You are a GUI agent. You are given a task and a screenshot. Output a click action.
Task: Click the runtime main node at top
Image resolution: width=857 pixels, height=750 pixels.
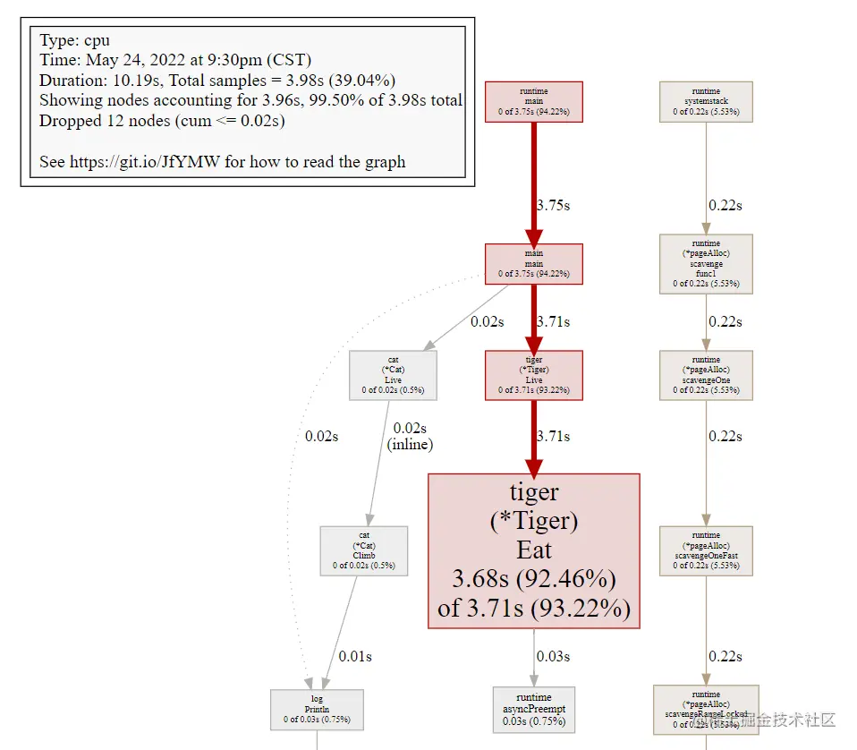click(x=533, y=102)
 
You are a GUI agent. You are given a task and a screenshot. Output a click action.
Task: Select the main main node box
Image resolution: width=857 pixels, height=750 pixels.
click(x=533, y=264)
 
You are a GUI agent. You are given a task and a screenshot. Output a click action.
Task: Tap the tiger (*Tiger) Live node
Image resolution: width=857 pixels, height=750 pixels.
click(x=533, y=374)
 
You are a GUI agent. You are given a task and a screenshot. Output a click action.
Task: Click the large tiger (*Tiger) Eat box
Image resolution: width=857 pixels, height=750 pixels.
click(x=533, y=551)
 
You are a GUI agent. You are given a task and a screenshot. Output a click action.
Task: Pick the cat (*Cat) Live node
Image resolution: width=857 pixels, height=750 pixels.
click(x=393, y=374)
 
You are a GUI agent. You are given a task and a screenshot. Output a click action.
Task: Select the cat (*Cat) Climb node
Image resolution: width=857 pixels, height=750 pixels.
click(x=364, y=550)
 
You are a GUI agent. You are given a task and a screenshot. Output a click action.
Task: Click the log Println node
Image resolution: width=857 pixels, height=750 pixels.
click(x=317, y=709)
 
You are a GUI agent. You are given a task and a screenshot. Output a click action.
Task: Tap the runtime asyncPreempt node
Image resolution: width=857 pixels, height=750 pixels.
click(x=533, y=709)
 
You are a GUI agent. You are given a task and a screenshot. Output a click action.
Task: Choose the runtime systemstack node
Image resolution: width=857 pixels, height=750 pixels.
click(x=706, y=102)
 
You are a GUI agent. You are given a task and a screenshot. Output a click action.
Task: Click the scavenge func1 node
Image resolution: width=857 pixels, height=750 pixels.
click(x=706, y=264)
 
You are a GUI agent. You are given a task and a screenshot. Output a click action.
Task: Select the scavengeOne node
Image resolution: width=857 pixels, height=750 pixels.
click(x=706, y=374)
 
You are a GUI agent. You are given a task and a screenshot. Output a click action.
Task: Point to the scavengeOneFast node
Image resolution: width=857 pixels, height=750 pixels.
click(x=706, y=550)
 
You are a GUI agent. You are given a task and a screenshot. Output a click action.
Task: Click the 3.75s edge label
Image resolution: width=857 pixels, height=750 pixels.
click(x=553, y=205)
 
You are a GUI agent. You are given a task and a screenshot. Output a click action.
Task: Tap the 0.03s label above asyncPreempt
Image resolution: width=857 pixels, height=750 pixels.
click(x=553, y=656)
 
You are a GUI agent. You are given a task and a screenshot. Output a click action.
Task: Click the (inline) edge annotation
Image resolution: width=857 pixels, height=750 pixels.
click(x=411, y=444)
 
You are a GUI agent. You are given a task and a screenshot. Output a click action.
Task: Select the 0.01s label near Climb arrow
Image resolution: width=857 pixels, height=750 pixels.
click(x=355, y=656)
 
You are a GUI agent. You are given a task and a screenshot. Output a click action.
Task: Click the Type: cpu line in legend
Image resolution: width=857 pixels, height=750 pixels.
click(x=75, y=41)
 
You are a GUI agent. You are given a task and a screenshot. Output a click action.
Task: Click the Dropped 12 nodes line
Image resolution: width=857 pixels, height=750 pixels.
click(x=162, y=120)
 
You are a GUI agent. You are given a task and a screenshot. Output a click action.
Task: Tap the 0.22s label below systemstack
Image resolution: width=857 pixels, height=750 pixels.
click(x=725, y=205)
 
